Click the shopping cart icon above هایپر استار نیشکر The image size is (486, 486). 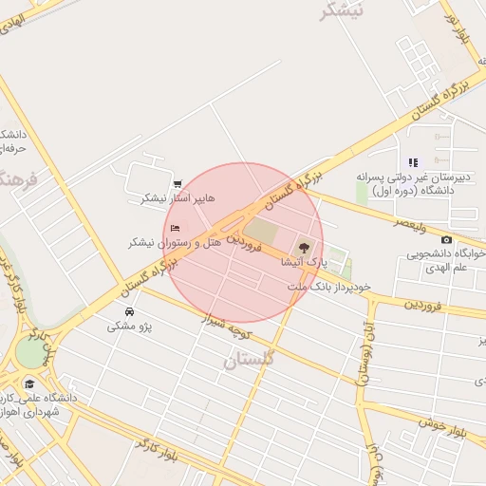(x=178, y=184)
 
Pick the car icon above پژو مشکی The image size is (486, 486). (x=129, y=311)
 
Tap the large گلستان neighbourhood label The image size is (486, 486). (x=249, y=360)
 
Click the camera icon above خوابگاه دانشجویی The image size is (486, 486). (x=446, y=239)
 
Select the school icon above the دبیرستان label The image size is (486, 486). (x=413, y=162)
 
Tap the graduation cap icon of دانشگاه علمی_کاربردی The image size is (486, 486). (x=30, y=384)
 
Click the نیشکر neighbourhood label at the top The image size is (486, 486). (x=342, y=11)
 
